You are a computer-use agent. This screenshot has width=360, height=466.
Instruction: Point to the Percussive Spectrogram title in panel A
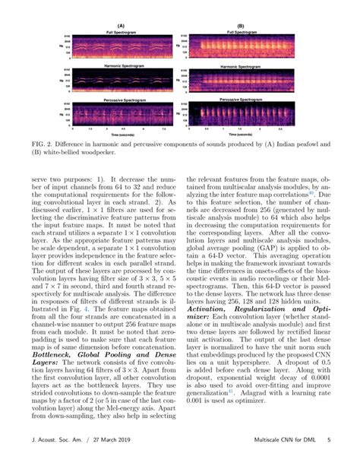[99, 100]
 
